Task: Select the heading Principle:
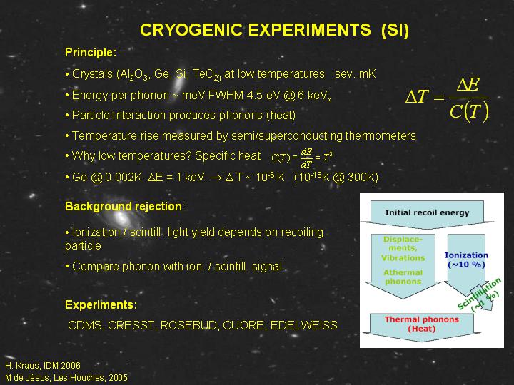pos(91,52)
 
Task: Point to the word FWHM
pos(226,96)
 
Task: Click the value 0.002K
pos(124,177)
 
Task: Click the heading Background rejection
pos(124,207)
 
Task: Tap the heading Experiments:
pos(101,305)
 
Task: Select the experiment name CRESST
pos(131,325)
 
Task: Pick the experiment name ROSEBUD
pos(188,325)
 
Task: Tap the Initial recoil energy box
pos(427,215)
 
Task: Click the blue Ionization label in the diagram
pos(466,255)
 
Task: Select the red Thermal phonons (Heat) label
pos(422,324)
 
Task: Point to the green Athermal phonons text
pos(403,277)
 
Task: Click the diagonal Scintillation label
pos(479,294)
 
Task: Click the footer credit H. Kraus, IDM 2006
pos(43,365)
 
